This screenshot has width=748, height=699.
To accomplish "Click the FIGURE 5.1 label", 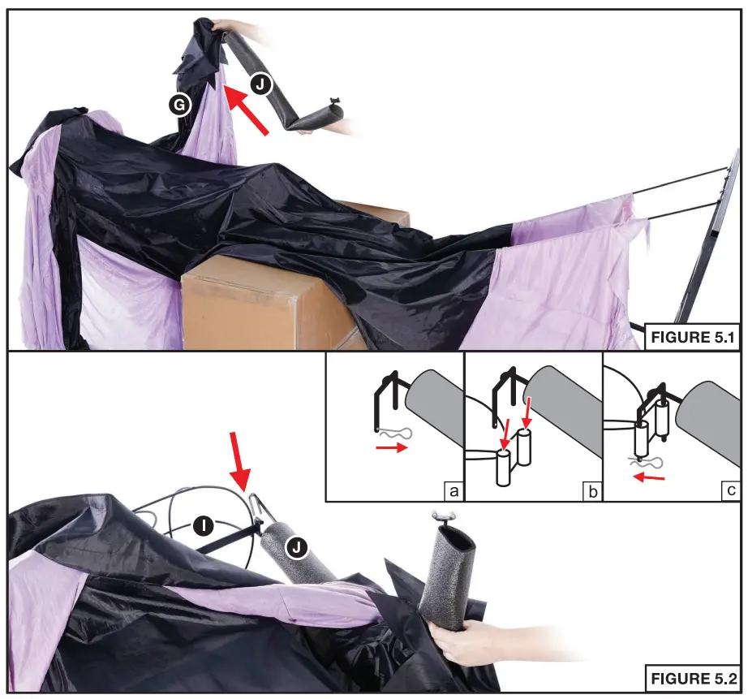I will tap(694, 338).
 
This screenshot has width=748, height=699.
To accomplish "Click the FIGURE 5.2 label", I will tap(694, 679).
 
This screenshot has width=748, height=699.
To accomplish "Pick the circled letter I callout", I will tap(205, 527).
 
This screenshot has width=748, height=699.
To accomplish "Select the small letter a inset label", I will tap(452, 490).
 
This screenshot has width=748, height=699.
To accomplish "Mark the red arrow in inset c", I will tap(648, 477).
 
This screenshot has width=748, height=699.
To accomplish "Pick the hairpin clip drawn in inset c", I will tap(649, 463).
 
